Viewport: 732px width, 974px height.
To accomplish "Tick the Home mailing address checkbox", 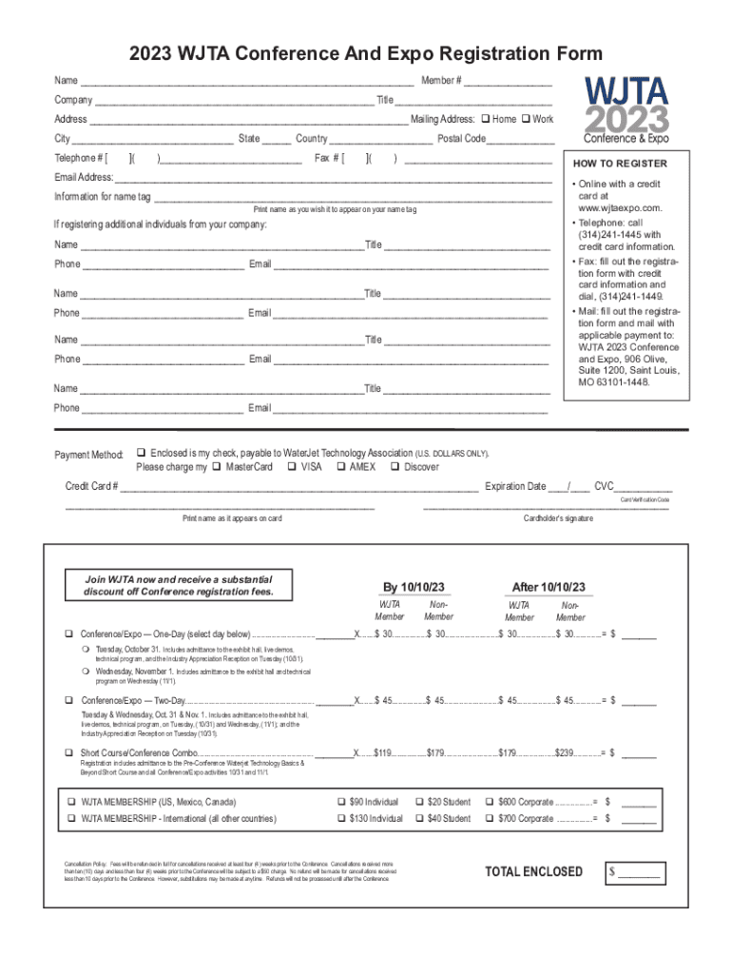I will click(x=485, y=119).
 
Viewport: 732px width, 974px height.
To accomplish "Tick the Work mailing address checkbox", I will click(x=525, y=119).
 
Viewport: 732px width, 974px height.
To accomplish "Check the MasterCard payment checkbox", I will click(x=217, y=467).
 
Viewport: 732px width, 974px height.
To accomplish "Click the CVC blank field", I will click(x=639, y=488).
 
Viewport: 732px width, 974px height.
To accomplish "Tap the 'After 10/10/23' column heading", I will click(x=549, y=586).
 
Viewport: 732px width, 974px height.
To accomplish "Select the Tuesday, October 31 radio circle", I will click(x=85, y=650).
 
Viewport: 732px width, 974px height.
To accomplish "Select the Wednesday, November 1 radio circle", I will click(x=85, y=672).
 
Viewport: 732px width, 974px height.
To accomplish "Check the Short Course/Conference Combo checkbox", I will click(x=68, y=753).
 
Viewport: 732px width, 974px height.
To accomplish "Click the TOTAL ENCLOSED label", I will click(x=533, y=871).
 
